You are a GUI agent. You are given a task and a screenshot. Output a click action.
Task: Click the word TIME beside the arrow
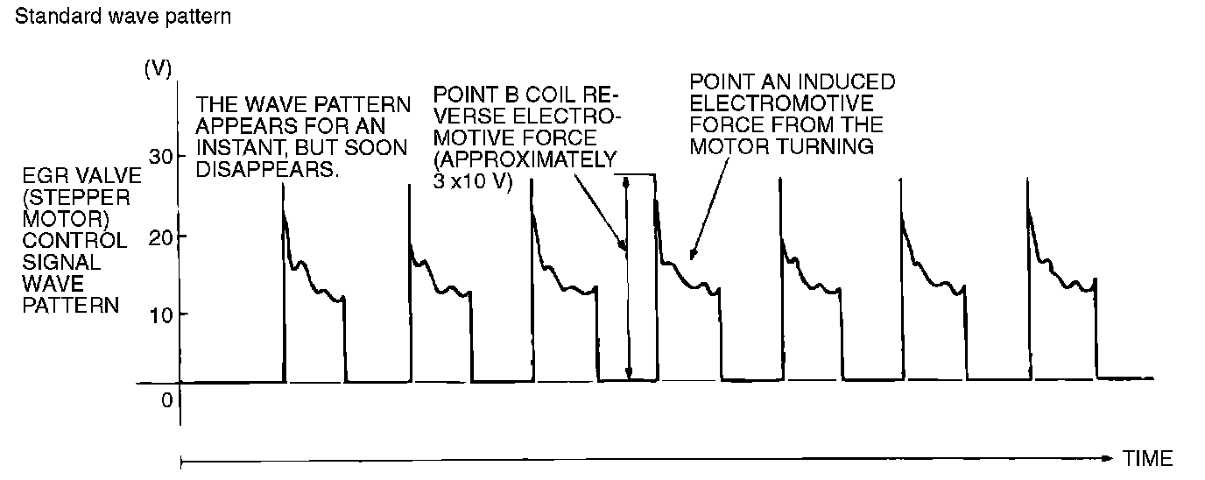tap(1147, 458)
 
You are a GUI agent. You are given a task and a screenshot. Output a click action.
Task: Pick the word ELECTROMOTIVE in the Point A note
tap(766, 104)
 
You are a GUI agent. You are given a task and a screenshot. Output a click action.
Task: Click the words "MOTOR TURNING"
tap(782, 147)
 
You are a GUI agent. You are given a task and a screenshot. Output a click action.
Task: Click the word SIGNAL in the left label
tap(50, 261)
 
